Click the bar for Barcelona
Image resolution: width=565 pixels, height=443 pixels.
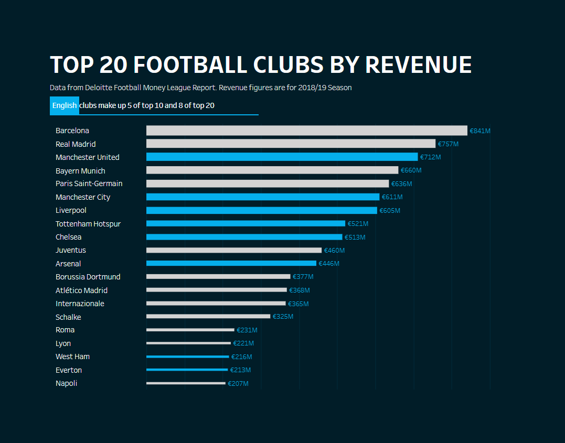coord(306,131)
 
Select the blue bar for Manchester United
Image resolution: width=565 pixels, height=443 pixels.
coord(282,157)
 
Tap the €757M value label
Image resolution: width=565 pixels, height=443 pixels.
coord(448,144)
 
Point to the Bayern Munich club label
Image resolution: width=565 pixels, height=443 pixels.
coord(80,171)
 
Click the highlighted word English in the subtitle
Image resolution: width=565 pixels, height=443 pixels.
coord(65,105)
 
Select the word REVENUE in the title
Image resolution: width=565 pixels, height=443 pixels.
coord(418,65)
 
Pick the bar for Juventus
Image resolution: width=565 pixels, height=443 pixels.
coord(233,251)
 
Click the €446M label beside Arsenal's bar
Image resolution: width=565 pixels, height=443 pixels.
coord(329,264)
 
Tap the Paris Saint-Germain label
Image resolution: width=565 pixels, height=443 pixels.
coord(89,183)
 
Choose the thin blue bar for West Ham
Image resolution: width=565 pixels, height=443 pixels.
coord(187,356)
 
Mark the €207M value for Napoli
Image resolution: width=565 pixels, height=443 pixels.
coord(238,384)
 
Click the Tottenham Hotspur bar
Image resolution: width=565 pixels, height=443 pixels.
coord(246,224)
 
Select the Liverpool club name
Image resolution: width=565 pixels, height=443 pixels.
coord(71,210)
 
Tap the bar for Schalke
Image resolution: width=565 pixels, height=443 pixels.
coord(208,317)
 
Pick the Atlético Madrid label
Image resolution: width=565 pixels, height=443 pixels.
coord(81,290)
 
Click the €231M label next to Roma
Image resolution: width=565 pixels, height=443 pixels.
coord(247,330)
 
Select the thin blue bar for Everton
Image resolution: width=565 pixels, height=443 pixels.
coord(187,370)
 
